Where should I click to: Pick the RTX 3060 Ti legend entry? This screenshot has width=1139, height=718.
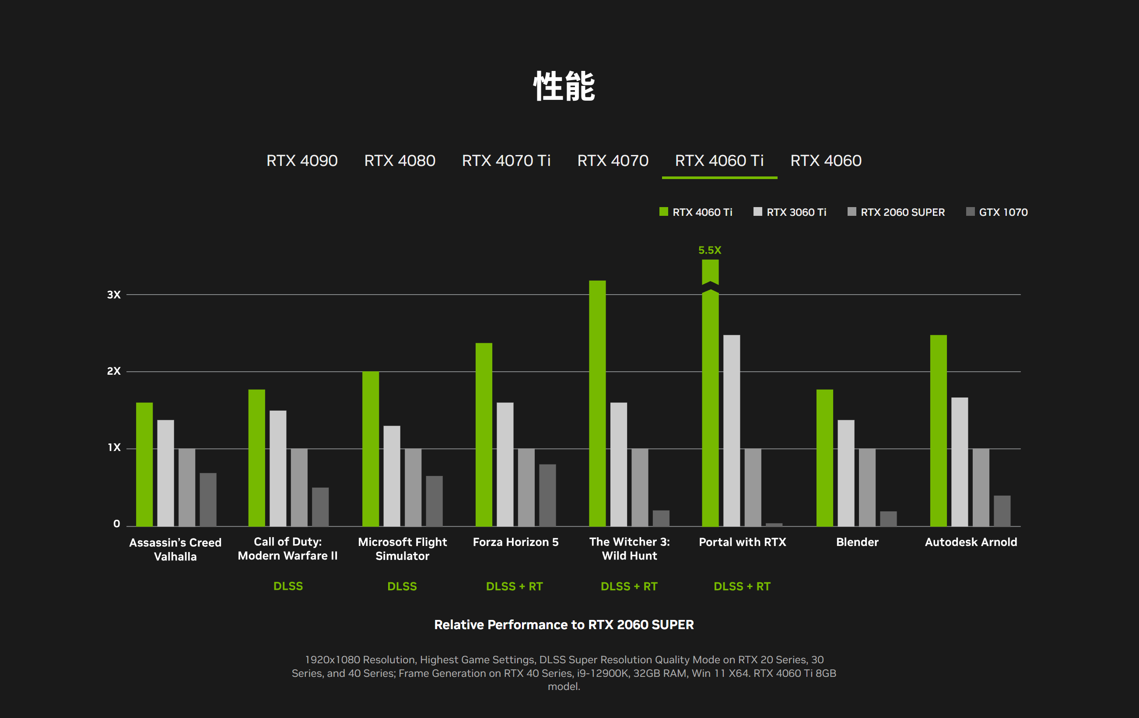[x=790, y=212]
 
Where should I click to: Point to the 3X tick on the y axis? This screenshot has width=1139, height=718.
[x=113, y=295]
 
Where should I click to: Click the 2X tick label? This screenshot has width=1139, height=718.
[x=113, y=371]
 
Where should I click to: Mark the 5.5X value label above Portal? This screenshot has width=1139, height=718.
[x=709, y=250]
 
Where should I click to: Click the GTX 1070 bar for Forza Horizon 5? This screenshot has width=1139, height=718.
[x=547, y=495]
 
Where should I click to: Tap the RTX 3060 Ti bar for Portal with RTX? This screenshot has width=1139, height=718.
[x=731, y=431]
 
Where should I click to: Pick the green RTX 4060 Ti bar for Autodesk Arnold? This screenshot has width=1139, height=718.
[x=938, y=431]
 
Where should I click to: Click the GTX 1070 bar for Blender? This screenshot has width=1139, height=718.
[x=888, y=519]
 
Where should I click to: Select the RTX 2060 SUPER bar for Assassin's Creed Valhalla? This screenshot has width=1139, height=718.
[x=187, y=488]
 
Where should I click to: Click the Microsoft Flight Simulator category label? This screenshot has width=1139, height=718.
[x=402, y=549]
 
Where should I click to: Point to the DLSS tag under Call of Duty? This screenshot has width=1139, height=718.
[x=288, y=586]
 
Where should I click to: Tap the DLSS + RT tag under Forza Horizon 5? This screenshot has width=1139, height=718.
[x=514, y=586]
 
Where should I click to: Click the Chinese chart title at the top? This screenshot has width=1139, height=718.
[x=564, y=86]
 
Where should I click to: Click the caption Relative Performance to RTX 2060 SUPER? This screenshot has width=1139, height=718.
[x=564, y=625]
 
